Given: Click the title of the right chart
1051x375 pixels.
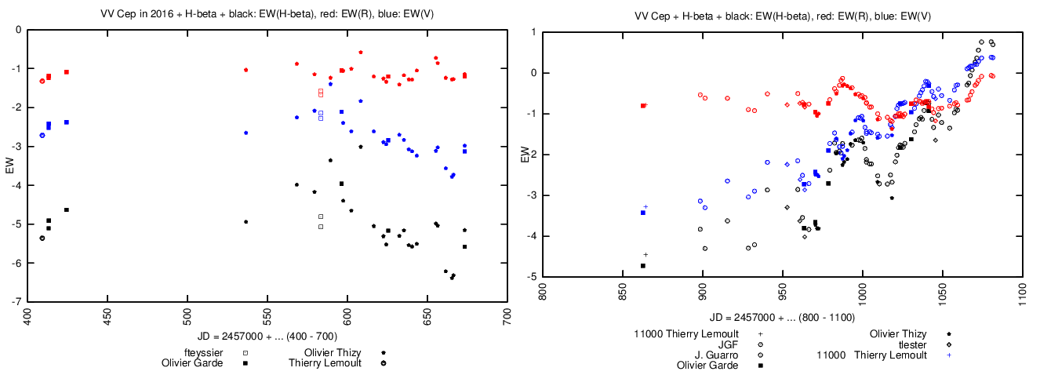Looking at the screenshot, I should coord(778,16).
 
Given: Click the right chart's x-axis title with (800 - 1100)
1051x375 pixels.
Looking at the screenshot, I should coord(777,318).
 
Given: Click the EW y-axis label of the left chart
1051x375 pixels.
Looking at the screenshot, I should coord(9,166).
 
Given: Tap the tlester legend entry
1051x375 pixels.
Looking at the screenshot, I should coord(907,344).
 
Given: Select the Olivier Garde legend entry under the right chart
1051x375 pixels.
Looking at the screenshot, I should coord(707,366).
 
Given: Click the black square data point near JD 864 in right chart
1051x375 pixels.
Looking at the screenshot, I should coord(643,265).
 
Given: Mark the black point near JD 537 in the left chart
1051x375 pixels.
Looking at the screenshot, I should coord(245,222).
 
